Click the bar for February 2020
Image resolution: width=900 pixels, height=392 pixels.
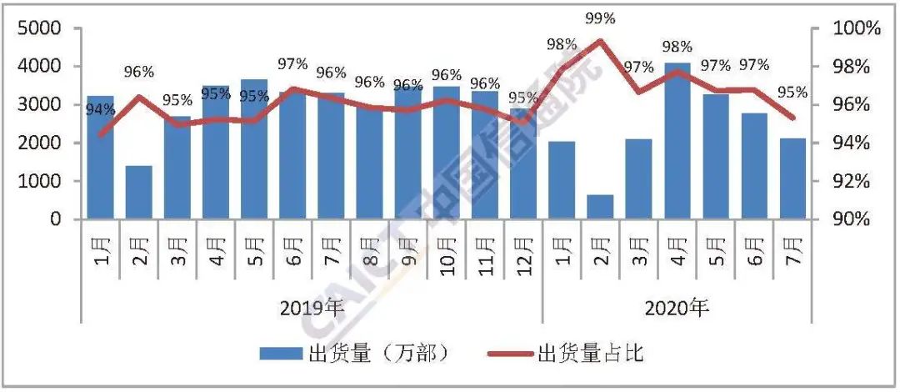click(600, 207)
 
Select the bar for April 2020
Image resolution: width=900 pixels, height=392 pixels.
click(677, 142)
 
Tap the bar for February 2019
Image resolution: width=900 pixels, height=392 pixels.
click(139, 193)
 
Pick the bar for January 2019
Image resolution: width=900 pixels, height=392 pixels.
click(101, 158)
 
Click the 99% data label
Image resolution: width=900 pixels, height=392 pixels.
click(599, 18)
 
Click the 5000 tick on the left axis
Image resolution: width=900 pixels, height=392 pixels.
click(39, 29)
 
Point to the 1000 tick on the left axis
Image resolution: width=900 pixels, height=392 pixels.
click(39, 182)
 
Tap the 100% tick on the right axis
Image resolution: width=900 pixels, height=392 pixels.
click(857, 29)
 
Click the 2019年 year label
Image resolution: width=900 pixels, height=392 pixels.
click(312, 309)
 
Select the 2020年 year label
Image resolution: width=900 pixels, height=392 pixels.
click(676, 309)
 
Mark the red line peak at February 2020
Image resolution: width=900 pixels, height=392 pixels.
click(599, 40)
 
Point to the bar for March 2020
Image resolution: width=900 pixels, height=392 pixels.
click(638, 178)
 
